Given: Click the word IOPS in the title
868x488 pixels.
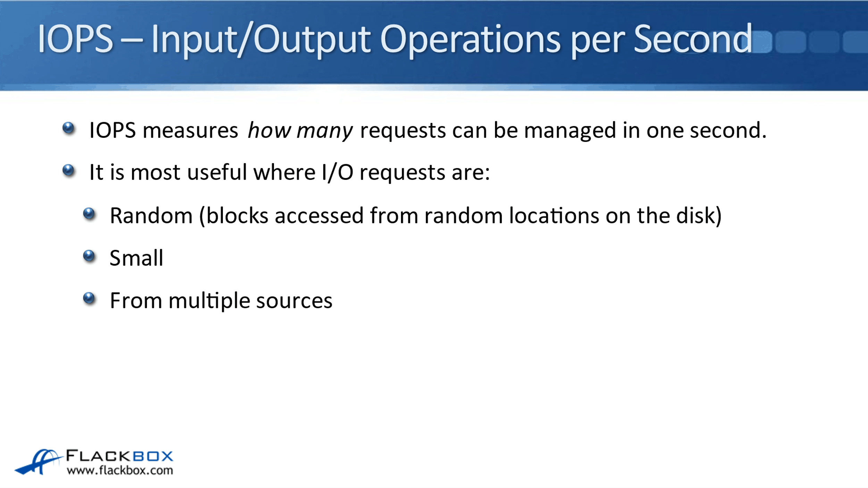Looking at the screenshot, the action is pyautogui.click(x=75, y=39).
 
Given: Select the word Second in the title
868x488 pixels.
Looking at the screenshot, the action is pyautogui.click(x=693, y=39).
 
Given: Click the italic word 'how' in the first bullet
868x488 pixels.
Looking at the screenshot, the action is pyautogui.click(x=269, y=130).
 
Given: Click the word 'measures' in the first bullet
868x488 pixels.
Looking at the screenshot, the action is pyautogui.click(x=190, y=131).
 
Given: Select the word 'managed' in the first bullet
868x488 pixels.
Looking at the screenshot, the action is pyautogui.click(x=570, y=131).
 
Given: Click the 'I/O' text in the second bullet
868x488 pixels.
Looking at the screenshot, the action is pyautogui.click(x=337, y=172).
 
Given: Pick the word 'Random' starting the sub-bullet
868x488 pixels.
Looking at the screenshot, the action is pyautogui.click(x=151, y=216).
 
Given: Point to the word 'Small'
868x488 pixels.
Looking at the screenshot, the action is pyautogui.click(x=136, y=258).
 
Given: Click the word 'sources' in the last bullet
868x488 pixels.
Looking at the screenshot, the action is pyautogui.click(x=294, y=301).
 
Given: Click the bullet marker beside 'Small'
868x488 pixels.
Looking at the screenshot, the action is pyautogui.click(x=89, y=256).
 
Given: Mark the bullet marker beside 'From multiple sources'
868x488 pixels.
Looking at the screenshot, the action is pyautogui.click(x=89, y=298).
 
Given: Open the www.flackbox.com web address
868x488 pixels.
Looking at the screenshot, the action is pyautogui.click(x=120, y=470).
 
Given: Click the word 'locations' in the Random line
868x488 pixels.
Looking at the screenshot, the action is pyautogui.click(x=554, y=216).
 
